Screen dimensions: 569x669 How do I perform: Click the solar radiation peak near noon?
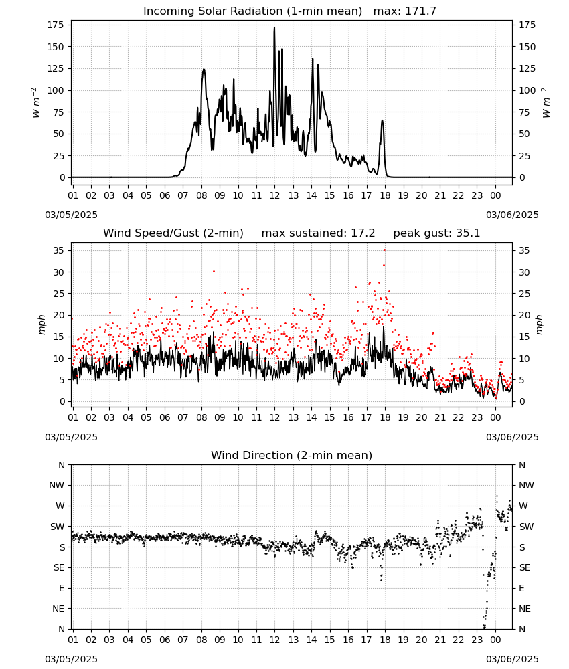click(x=274, y=28)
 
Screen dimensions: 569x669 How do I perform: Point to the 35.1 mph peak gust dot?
click(x=385, y=250)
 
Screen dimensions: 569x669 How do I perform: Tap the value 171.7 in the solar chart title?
click(x=420, y=11)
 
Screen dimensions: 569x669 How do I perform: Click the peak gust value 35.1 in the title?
click(x=468, y=233)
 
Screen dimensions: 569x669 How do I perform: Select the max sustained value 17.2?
click(x=363, y=233)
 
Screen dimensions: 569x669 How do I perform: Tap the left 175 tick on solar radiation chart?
click(x=56, y=25)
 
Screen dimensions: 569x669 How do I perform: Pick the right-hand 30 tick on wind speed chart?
click(x=524, y=272)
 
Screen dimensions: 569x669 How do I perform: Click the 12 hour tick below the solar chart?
click(x=274, y=195)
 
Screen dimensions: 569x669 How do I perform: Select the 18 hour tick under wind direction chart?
click(x=385, y=640)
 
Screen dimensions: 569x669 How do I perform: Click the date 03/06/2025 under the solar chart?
click(x=512, y=215)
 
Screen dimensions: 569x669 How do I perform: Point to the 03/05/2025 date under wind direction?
click(x=71, y=659)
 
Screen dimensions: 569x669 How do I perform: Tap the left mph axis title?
click(x=42, y=324)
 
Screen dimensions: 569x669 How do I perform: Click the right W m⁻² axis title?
click(x=546, y=103)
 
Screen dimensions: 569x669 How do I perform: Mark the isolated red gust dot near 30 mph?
click(x=214, y=271)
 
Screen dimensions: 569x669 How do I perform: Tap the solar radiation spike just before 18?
click(x=382, y=121)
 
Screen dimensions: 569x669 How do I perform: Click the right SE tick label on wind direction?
click(x=525, y=567)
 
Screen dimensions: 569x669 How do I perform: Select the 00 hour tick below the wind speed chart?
click(x=495, y=417)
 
